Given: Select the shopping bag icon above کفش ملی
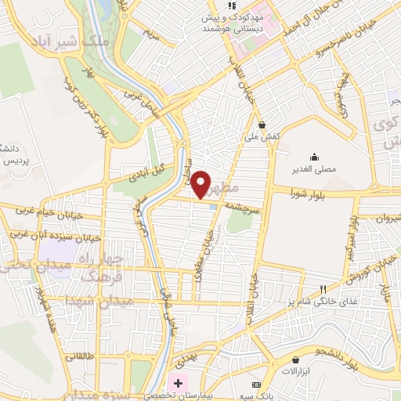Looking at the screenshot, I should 261,124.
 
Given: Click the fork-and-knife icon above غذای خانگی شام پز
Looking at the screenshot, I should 323,289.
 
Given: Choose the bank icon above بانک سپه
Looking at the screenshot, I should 256,385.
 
